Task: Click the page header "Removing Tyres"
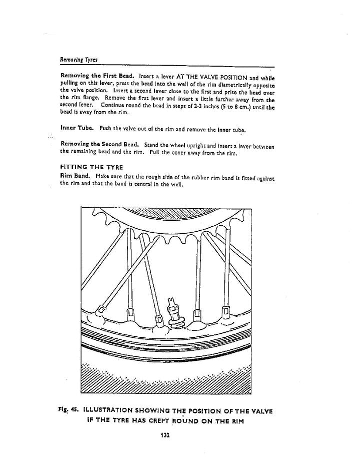pos(78,60)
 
